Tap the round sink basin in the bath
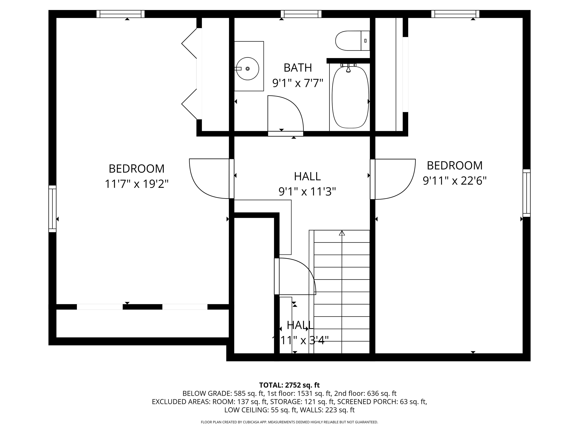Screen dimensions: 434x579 tap(247, 69)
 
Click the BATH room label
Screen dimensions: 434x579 tap(298, 68)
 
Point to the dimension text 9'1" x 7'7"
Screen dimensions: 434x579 tap(298, 83)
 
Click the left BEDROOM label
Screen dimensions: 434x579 tap(136, 169)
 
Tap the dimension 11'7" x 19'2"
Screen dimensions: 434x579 tap(136, 184)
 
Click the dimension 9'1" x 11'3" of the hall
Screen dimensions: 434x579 tap(307, 192)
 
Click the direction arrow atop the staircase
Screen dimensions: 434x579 tap(342, 233)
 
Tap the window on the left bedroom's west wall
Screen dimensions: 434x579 tap(52, 209)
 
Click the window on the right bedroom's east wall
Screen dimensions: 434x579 tap(526, 193)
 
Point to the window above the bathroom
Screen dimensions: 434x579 tap(301, 14)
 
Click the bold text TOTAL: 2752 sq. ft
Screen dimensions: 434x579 tap(289, 385)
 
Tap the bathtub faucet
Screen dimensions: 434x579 tap(348, 69)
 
